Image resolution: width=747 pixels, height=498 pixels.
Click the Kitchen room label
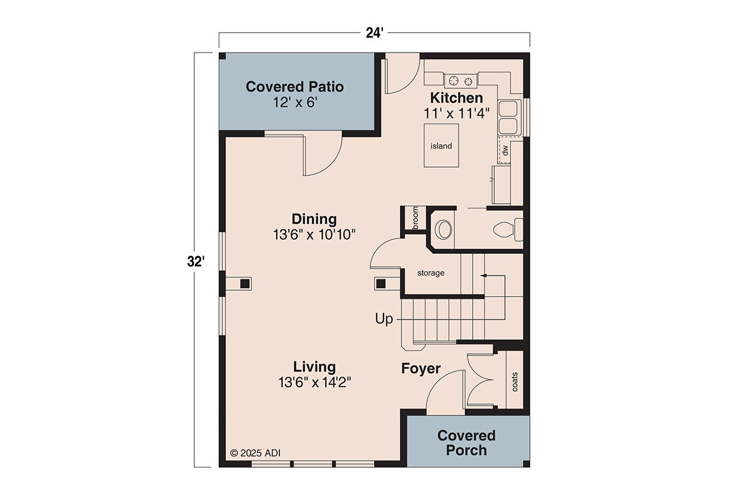(x=456, y=97)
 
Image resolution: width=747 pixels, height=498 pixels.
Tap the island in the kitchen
(x=441, y=145)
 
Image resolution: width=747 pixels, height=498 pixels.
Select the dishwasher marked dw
(x=505, y=151)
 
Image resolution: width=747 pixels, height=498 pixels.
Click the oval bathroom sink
(x=445, y=230)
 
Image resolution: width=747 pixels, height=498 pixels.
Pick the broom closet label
(x=415, y=218)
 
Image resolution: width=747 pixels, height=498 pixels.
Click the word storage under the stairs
(x=431, y=273)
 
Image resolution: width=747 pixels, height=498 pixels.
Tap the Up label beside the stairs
(x=384, y=319)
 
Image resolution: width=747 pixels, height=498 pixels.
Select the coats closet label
(x=514, y=382)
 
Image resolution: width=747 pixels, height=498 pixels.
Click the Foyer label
(x=420, y=368)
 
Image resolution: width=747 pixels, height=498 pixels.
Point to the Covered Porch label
(x=466, y=443)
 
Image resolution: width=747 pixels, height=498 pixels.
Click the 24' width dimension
(x=374, y=33)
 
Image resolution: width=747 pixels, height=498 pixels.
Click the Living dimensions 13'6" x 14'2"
(x=314, y=382)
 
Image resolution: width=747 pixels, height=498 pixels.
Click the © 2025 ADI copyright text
(x=256, y=452)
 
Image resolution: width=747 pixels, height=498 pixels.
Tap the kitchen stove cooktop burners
(x=461, y=80)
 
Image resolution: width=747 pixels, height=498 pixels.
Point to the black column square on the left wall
(x=245, y=284)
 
